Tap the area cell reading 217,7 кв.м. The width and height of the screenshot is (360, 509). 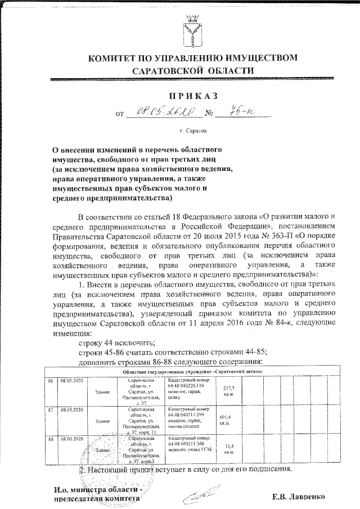point(229,391)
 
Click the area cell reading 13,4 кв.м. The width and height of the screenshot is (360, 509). point(229,448)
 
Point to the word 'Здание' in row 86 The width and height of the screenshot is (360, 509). point(102,391)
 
